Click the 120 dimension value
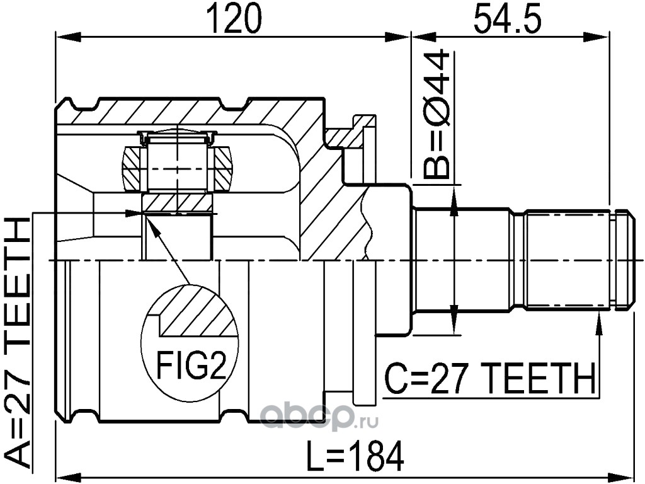234,18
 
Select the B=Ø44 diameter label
436,114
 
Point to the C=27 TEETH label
489,378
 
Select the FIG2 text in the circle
191,366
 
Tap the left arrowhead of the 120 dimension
68,37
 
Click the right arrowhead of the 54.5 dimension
596,37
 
